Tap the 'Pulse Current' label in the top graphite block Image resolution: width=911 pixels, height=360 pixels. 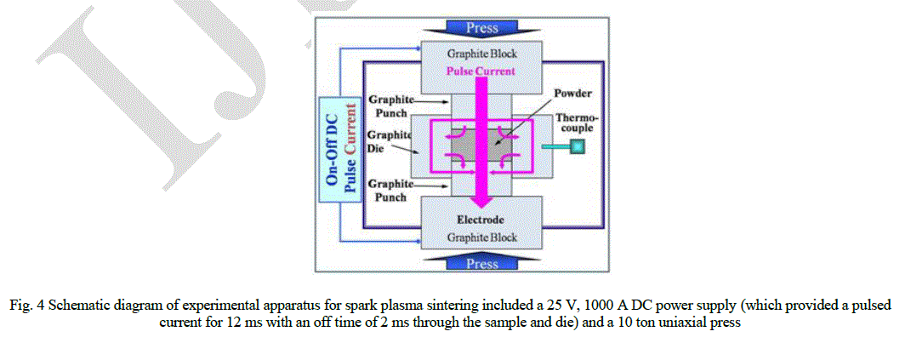click(481, 71)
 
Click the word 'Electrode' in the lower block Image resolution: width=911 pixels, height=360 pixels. click(481, 220)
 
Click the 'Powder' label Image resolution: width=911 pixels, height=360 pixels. click(572, 93)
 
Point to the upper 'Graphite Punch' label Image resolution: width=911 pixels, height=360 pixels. click(390, 106)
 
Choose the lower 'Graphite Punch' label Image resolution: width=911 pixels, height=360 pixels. click(390, 191)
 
